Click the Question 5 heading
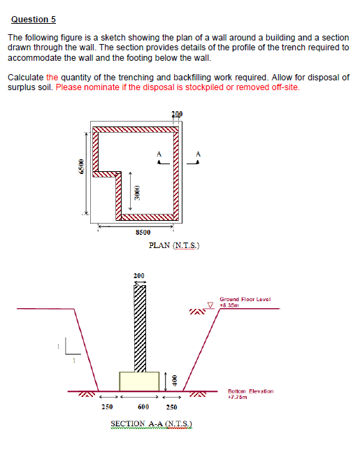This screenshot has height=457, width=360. [x=34, y=20]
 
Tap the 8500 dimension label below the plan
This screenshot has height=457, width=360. [x=143, y=232]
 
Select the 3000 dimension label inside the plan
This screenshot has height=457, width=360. [x=137, y=193]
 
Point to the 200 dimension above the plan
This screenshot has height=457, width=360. [x=177, y=114]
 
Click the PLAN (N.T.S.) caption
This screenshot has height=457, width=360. [x=174, y=245]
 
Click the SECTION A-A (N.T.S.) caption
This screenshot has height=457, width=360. [x=151, y=423]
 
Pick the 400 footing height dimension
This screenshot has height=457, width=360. [x=174, y=381]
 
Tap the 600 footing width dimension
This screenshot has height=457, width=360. [x=143, y=407]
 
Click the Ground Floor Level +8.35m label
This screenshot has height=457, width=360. [x=245, y=302]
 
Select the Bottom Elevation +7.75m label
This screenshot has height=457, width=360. [x=250, y=394]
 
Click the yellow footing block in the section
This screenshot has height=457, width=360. [x=139, y=382]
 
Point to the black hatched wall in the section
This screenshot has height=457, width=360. [x=140, y=328]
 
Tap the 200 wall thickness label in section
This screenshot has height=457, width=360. [x=138, y=275]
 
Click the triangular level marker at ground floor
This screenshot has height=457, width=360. [x=210, y=305]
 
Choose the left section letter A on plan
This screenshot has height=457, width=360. [x=159, y=154]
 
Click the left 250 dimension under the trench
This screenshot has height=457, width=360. [x=107, y=407]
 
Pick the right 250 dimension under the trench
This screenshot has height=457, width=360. [x=171, y=407]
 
